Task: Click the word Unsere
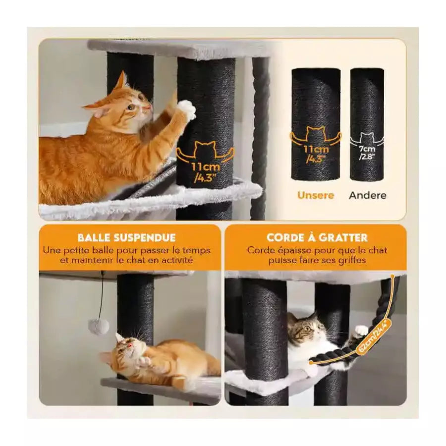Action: point(316,195)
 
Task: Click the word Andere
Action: point(368,195)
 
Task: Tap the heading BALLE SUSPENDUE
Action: point(127,237)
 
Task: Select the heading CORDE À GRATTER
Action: point(317,237)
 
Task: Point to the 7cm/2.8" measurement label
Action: point(367,153)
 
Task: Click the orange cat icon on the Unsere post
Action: point(315,136)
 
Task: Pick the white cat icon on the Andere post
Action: point(367,139)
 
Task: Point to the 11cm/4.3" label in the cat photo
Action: point(205,171)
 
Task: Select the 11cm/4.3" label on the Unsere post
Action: point(316,154)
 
